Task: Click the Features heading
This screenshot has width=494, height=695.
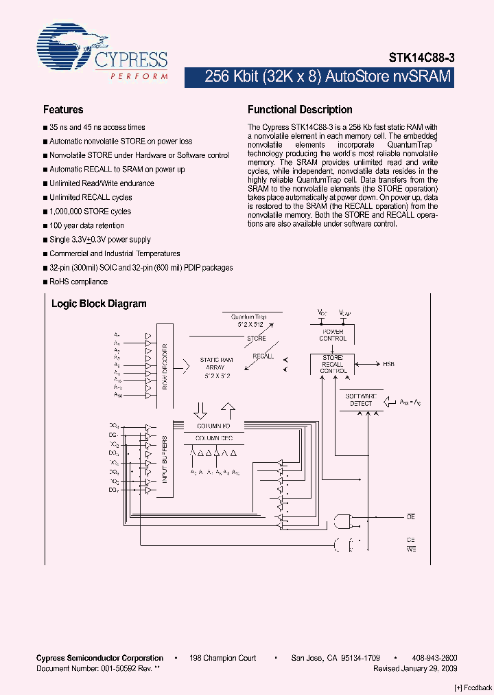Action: [63, 110]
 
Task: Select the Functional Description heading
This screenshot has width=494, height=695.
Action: [300, 110]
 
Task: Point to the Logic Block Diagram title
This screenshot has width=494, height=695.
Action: [99, 304]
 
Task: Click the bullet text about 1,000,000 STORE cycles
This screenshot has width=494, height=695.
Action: [90, 212]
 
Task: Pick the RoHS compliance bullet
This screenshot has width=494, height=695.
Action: [78, 282]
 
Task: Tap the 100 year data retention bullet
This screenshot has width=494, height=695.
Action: [86, 225]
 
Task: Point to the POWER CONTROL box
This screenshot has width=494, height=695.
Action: [333, 334]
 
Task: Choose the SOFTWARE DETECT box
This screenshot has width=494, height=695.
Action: [361, 400]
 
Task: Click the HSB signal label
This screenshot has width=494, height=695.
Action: [389, 364]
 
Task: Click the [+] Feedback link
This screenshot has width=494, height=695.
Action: [473, 687]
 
